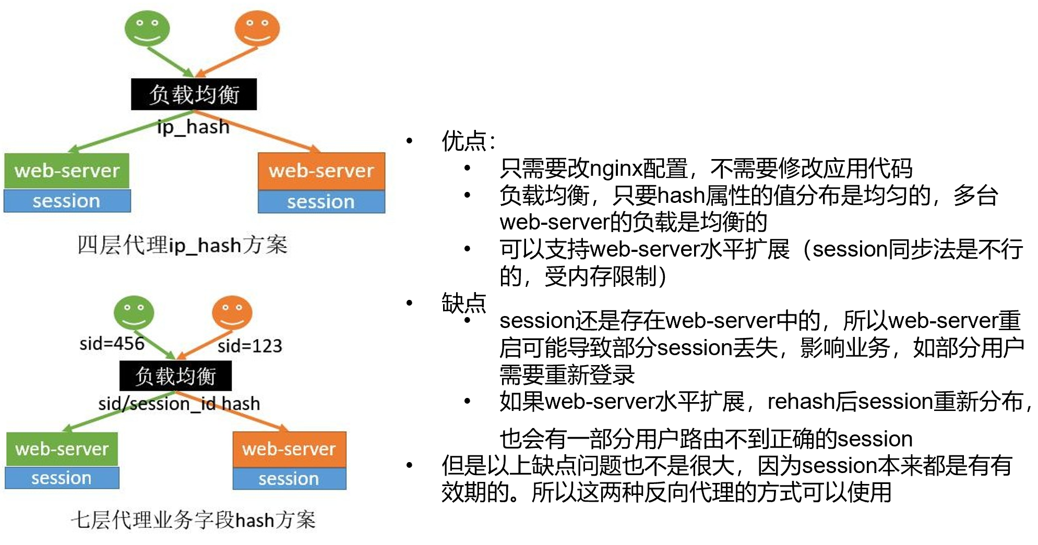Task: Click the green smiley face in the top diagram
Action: tap(147, 28)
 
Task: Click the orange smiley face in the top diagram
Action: tap(257, 28)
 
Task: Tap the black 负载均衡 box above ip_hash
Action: tap(194, 94)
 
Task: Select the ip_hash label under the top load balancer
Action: tap(193, 127)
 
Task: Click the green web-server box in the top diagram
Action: tap(67, 171)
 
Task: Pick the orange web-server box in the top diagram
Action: tap(321, 171)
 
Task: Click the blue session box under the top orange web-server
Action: tap(321, 202)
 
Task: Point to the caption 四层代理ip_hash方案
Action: tap(182, 245)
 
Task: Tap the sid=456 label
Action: tap(112, 344)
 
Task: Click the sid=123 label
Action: tap(249, 346)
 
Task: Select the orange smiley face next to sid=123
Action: tap(232, 312)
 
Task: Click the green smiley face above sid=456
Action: tap(134, 312)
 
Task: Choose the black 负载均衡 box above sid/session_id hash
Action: tap(175, 376)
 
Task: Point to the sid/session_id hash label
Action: tap(179, 404)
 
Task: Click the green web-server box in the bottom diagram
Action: tap(62, 449)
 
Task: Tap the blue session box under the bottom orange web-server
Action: tap(289, 479)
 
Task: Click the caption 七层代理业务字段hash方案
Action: tap(193, 520)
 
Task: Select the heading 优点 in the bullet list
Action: tap(464, 141)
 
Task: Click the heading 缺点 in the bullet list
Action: tap(463, 303)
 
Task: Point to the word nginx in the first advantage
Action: tap(615, 168)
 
